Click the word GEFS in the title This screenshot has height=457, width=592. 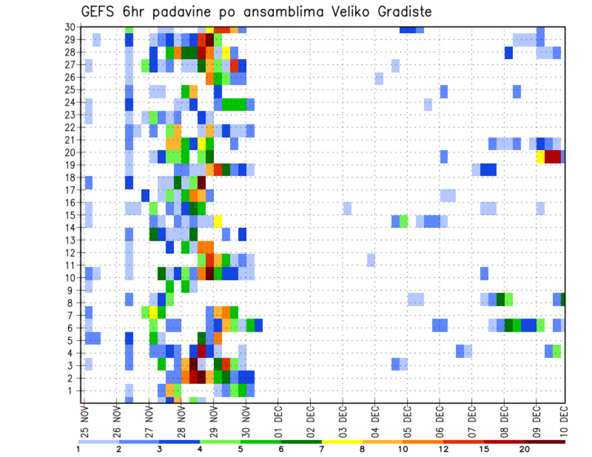(99, 12)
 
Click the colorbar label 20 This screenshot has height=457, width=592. (525, 449)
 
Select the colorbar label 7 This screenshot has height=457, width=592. (322, 449)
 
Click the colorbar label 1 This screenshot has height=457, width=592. (78, 449)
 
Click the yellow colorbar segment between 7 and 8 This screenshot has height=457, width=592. (342, 442)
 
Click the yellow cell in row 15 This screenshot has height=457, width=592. (218, 220)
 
